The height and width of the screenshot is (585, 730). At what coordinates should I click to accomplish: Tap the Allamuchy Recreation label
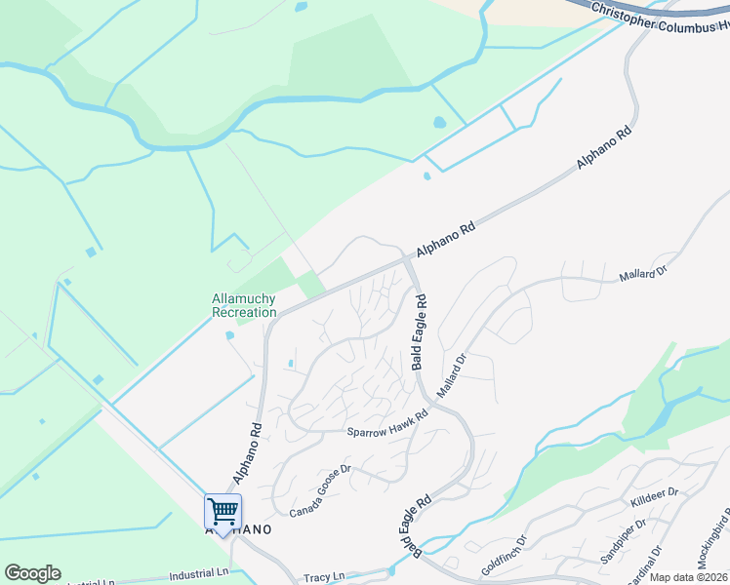pyautogui.click(x=244, y=305)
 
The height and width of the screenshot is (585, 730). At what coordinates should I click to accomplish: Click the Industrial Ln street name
pyautogui.click(x=198, y=576)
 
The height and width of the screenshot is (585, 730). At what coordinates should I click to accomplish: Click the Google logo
pyautogui.click(x=32, y=573)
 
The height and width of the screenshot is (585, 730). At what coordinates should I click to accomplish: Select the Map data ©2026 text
pyautogui.click(x=688, y=577)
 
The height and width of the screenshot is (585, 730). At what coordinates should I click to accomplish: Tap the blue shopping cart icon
pyautogui.click(x=223, y=511)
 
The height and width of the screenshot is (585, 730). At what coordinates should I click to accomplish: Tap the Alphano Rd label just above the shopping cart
pyautogui.click(x=248, y=453)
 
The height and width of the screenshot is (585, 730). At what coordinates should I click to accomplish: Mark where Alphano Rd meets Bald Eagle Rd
pyautogui.click(x=407, y=259)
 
